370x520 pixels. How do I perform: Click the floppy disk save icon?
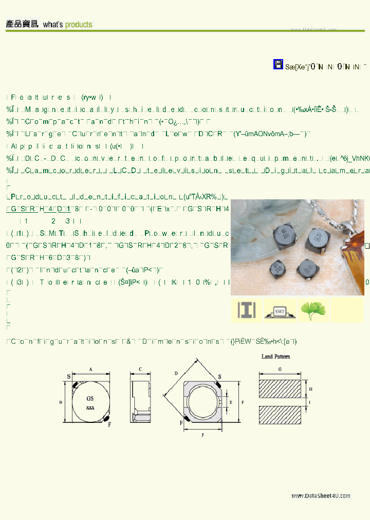pos(278,64)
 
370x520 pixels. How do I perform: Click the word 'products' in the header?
pos(78,24)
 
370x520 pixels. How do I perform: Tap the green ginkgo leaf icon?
pos(313,311)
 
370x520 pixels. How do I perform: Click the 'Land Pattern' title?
pos(275,356)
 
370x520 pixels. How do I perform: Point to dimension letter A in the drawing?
pos(90,369)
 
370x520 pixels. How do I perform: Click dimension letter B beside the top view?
pos(61,402)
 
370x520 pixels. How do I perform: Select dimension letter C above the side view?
pos(141,369)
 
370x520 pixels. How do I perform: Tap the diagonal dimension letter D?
pos(176,374)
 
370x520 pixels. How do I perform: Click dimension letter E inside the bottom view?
pos(231,402)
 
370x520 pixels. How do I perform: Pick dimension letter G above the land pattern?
pos(279,369)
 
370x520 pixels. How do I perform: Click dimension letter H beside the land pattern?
pos(311,389)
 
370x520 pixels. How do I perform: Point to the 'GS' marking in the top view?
pos(90,398)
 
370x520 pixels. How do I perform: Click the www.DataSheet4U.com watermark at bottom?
pos(313,496)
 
